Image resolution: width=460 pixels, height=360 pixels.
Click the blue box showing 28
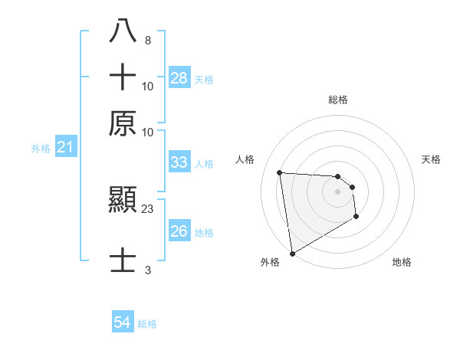point(179,78)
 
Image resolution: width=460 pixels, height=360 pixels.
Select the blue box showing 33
point(179,162)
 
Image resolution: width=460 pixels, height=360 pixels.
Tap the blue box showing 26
point(179,231)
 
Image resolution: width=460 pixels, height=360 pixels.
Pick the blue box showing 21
point(65,148)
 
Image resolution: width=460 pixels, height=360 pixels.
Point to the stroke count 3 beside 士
point(148,270)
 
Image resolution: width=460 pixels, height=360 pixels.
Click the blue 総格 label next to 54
point(147,324)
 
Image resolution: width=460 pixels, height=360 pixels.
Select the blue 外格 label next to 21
point(41,149)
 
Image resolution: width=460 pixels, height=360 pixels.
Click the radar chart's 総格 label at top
point(338,100)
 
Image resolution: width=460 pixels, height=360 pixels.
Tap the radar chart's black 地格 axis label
point(402,262)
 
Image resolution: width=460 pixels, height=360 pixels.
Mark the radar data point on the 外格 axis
point(292,254)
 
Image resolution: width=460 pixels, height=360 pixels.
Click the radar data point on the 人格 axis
point(280,172)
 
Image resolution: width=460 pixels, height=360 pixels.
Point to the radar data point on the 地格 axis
point(356,217)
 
